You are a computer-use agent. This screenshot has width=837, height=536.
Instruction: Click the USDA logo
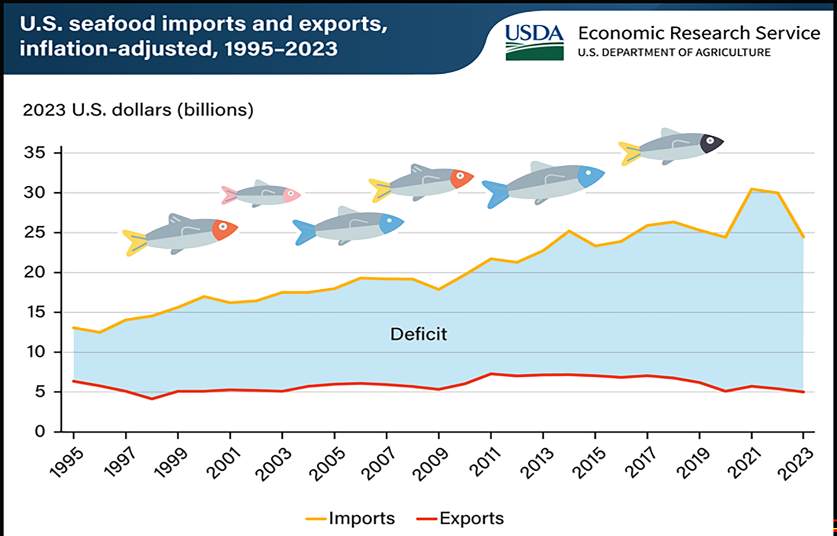coord(534,41)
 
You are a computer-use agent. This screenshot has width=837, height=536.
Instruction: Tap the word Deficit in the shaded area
coord(419,334)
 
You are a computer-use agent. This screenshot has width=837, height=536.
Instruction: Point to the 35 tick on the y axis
coord(35,152)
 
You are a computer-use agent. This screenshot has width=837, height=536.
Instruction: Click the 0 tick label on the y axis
coord(40,432)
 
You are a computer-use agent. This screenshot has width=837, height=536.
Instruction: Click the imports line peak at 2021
coord(752,189)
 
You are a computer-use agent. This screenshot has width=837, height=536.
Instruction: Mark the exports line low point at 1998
coord(152,399)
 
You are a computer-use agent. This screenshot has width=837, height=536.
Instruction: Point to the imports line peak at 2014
coord(569,231)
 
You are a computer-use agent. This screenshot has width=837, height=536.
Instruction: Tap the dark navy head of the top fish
coord(711,143)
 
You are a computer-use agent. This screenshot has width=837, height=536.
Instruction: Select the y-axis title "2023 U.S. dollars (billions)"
coord(138,109)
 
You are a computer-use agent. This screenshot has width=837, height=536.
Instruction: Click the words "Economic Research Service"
coord(699,33)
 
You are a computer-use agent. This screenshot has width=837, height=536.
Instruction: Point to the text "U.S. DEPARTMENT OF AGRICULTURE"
coord(674,52)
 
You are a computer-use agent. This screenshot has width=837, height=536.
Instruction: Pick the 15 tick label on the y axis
coord(35,312)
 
